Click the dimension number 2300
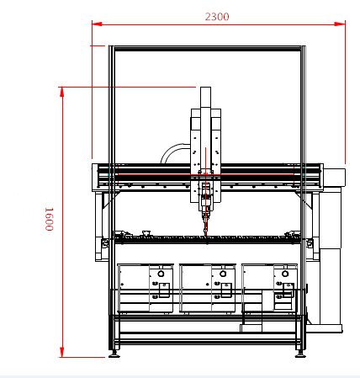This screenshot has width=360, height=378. coord(217,17)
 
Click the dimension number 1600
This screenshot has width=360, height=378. coord(49,219)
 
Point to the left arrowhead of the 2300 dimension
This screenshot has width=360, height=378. coord(97,24)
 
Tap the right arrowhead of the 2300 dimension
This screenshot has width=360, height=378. coord(340,24)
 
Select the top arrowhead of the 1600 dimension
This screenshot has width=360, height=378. coord(62,92)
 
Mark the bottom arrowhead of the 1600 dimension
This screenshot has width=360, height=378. coord(62,352)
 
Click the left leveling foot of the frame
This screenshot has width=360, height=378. coord(114,354)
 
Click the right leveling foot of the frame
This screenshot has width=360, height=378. coord(300,354)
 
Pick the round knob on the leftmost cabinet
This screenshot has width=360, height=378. coord(161,274)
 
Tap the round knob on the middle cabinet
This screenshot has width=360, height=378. coord(223,274)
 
